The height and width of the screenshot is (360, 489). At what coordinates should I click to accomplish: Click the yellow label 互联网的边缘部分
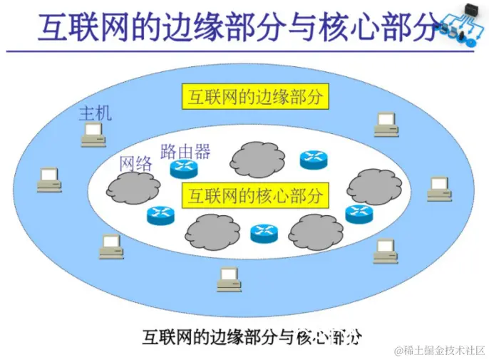tap(255, 97)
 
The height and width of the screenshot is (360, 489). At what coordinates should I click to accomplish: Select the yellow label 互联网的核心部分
tap(255, 194)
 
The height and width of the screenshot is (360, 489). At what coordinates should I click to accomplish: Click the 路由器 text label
tap(185, 151)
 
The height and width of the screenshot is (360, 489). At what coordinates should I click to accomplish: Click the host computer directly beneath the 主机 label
tap(93, 134)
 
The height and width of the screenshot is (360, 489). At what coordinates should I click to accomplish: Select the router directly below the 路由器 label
tap(182, 169)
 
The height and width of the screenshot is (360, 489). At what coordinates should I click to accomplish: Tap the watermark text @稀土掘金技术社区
tap(434, 350)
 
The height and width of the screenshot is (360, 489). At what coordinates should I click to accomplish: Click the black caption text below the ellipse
tap(252, 335)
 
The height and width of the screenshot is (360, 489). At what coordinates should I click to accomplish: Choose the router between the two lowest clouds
tap(264, 232)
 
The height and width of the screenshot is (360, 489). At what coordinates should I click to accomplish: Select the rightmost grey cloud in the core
tap(374, 186)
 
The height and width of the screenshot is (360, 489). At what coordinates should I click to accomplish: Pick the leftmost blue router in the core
tap(160, 215)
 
